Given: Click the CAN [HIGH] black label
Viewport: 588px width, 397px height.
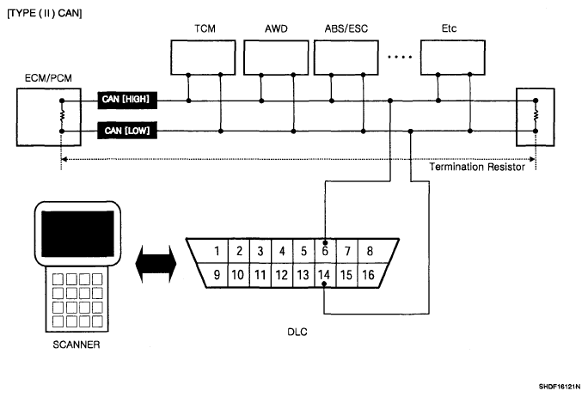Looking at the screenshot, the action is click(x=127, y=100).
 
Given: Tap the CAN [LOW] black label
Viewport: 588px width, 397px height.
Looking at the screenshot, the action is click(x=127, y=131).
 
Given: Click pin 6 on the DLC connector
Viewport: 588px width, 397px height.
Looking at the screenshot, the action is click(x=325, y=251).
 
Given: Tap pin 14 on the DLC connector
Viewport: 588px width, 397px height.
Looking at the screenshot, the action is click(x=324, y=275).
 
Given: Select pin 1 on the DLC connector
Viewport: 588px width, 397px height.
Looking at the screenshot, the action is click(x=217, y=251).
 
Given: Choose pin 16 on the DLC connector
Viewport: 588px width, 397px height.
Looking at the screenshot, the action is click(x=368, y=275).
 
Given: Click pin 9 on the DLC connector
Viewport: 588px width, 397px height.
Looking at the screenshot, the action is click(x=217, y=275).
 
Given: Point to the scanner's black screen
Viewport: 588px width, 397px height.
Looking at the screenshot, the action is click(x=77, y=234).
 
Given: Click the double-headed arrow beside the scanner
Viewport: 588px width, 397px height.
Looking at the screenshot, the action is click(x=156, y=264).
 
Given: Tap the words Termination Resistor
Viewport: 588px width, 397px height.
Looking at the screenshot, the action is click(x=476, y=167).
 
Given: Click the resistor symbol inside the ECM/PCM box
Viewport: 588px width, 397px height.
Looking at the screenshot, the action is click(x=62, y=116).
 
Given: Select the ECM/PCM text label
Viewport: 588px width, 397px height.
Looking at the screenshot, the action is click(x=48, y=78).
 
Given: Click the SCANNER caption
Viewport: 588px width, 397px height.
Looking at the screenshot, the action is click(x=77, y=345).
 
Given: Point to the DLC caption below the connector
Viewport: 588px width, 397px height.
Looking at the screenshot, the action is click(x=297, y=332).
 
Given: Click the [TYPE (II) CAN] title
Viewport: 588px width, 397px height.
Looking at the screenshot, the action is click(x=45, y=13).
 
